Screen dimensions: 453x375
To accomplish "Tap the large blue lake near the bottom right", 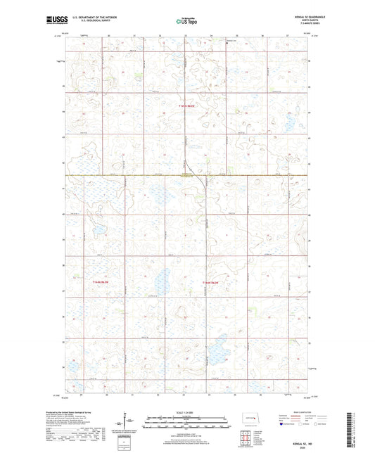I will [x=221, y=345].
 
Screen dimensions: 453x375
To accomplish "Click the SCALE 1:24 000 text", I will [x=187, y=412].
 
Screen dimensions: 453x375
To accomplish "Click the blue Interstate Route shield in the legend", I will [x=281, y=424].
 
